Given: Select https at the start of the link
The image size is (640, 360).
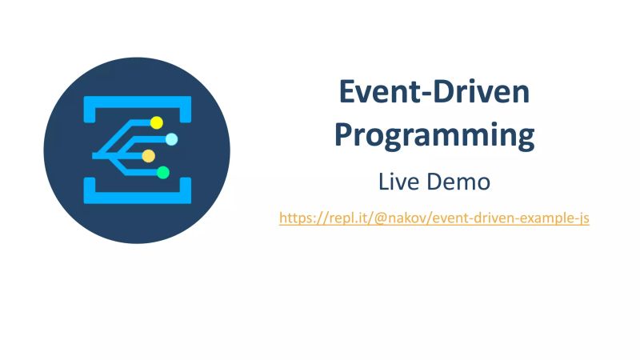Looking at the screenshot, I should pos(295,218).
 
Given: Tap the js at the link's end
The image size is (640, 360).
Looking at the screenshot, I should pos(582,218).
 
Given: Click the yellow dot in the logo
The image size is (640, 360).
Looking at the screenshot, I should pos(157,122).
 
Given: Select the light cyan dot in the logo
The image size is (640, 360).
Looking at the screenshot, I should pos(171,139).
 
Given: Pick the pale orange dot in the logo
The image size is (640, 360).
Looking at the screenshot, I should pos(148,156).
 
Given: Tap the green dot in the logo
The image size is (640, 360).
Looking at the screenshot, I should pos(163,172).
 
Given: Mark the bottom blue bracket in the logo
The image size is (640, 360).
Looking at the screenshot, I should pos(138,193).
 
